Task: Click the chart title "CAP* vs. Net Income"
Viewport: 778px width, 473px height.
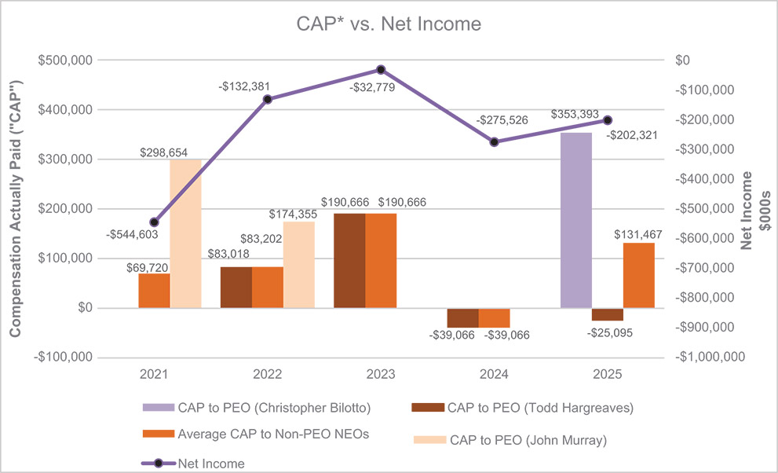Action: point(388,24)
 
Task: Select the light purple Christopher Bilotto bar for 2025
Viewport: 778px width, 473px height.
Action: point(576,220)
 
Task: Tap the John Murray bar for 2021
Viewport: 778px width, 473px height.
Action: point(186,233)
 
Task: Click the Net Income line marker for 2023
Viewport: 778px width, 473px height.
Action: point(381,70)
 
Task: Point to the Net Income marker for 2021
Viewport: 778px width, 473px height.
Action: point(154,222)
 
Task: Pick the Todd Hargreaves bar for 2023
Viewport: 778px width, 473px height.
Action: point(349,260)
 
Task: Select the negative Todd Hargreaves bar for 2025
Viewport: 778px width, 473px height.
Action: point(608,314)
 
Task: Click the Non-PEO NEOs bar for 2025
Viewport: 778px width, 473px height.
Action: point(638,275)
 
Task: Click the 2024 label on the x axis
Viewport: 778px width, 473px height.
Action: point(494,376)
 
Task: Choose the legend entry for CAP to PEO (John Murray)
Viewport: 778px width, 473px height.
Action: point(528,441)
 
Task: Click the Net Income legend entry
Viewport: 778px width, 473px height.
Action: point(211,464)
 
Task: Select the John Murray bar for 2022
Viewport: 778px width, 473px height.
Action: point(298,265)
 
